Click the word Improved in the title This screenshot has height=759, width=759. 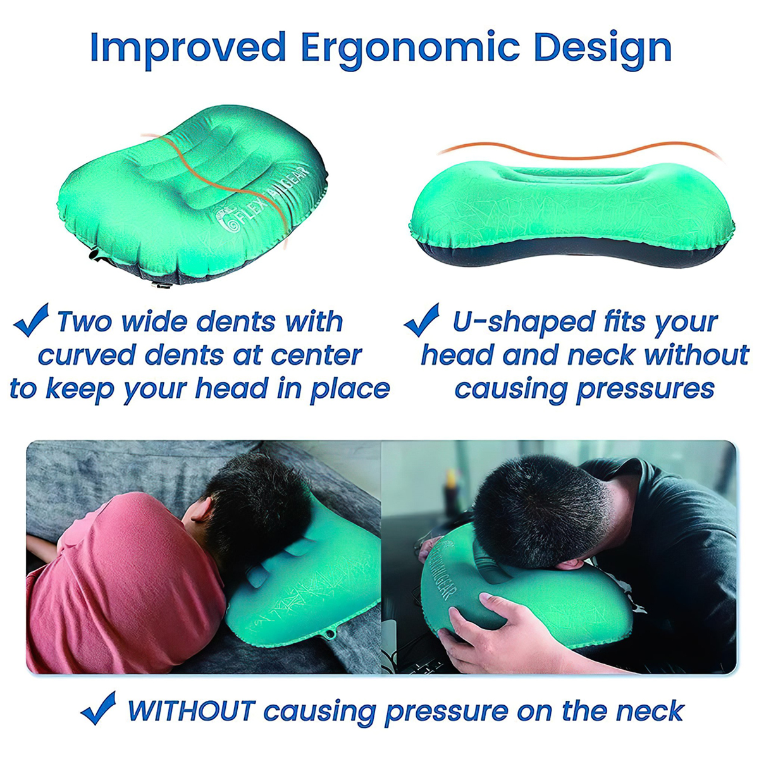[188, 47]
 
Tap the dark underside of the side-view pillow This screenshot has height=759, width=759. [569, 256]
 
